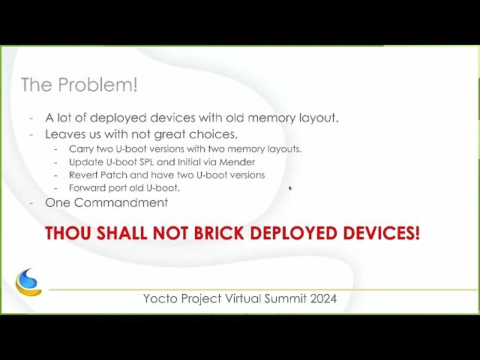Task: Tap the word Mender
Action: (x=238, y=161)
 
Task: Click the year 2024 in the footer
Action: (x=322, y=298)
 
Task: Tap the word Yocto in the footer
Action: (x=160, y=298)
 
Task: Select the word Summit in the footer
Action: (x=283, y=298)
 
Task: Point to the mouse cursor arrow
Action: (x=289, y=188)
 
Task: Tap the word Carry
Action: (x=82, y=148)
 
